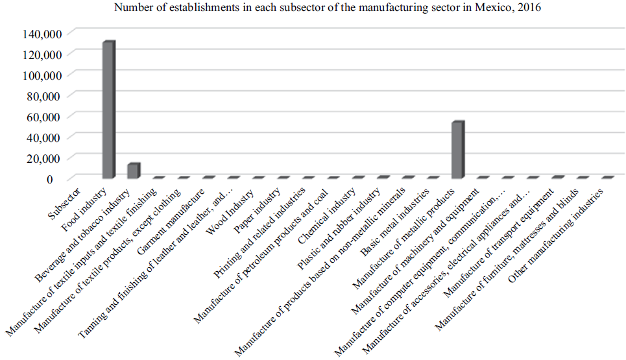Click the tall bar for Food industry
click(x=108, y=110)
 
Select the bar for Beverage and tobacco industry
click(x=133, y=171)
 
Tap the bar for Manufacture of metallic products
click(x=457, y=150)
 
